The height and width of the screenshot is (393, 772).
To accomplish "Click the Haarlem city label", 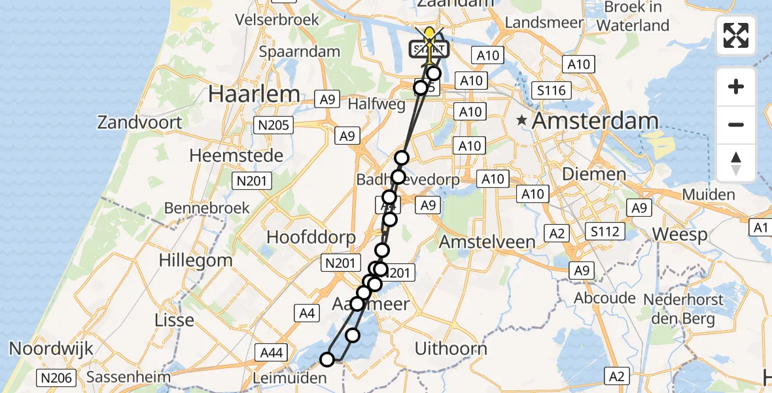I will pos(254,94).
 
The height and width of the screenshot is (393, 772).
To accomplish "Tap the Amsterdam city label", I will pos(595,121).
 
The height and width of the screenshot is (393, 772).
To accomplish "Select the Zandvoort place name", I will pos(139,122).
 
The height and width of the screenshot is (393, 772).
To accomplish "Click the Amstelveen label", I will pos(487,241).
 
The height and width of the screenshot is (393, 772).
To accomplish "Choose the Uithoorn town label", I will pos(451,348).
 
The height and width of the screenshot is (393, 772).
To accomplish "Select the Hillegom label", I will pos(196,259).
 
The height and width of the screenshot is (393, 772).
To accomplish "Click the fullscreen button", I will pos(736,35).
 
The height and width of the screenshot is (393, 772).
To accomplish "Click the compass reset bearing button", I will pos(736,163).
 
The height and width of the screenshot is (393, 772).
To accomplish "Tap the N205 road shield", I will pos(275,125).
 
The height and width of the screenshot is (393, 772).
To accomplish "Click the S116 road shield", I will pos(551,90).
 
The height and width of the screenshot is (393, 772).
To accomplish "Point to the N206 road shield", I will pos(57,377).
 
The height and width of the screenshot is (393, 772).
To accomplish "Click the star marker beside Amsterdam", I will pos(521,121).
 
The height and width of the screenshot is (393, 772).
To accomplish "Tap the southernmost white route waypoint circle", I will pos(327,359).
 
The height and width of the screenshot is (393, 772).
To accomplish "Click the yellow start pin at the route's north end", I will pos(430,37).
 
